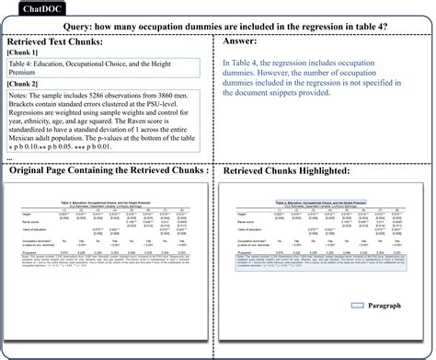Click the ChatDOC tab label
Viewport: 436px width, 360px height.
(x=25, y=10)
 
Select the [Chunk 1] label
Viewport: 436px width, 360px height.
(x=25, y=53)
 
